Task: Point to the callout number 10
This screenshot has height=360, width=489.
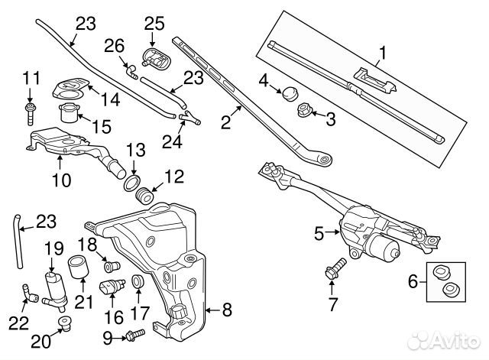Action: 61,181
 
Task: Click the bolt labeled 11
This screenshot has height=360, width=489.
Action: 31,112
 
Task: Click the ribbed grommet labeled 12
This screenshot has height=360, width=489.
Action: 146,195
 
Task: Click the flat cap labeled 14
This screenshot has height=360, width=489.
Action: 69,89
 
